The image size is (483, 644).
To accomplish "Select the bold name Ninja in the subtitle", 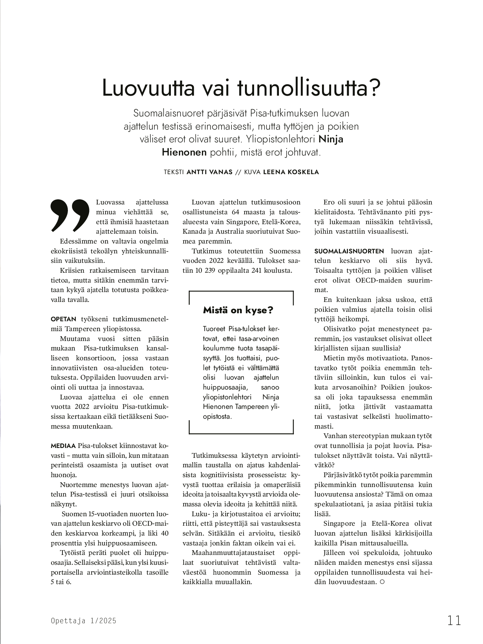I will (x=331, y=139).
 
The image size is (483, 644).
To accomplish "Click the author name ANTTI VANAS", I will (x=210, y=172).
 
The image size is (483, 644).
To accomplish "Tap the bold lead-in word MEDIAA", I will (x=63, y=446).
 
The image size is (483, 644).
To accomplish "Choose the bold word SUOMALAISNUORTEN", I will (x=349, y=251).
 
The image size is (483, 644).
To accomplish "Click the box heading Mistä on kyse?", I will (x=238, y=310).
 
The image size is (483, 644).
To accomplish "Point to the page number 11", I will (x=454, y=620).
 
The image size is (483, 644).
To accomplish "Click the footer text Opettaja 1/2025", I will (x=84, y=621).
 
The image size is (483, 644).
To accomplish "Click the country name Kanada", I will (x=193, y=231).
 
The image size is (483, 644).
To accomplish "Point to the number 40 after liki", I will (x=164, y=533).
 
